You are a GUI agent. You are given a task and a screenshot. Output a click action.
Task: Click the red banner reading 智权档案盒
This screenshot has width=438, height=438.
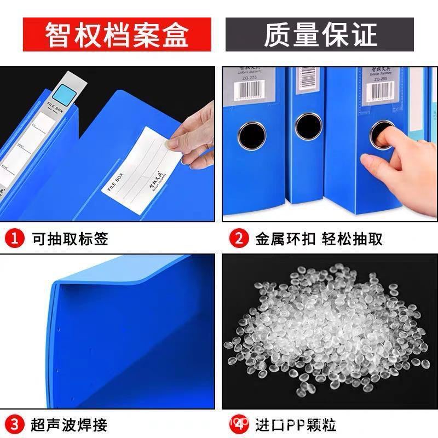click(117, 34)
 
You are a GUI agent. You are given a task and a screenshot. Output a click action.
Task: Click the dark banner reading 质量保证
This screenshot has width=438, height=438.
click(320, 34)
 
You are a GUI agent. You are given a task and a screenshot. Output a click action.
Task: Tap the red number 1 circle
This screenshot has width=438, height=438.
click(15, 239)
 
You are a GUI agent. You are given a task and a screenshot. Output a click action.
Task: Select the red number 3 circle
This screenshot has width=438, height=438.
click(15, 424)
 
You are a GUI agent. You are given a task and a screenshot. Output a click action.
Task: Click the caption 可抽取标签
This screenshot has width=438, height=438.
click(70, 239)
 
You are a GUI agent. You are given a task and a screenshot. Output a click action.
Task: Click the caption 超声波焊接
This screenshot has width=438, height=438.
click(70, 424)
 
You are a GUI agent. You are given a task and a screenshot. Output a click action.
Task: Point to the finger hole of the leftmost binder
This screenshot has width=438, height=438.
click(251, 134)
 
